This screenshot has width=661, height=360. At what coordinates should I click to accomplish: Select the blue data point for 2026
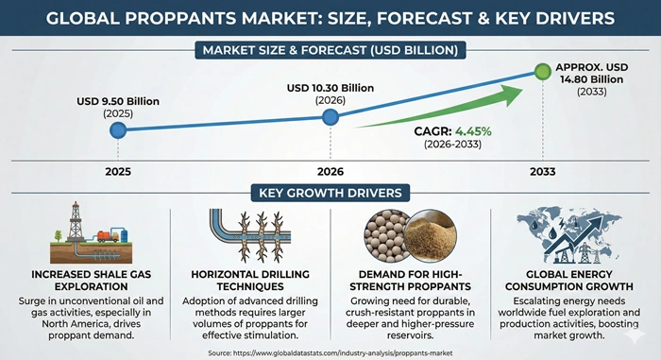tap(330, 117)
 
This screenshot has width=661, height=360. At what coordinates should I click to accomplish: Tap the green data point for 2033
tap(542, 71)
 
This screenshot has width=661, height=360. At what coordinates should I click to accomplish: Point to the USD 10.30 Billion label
tap(330, 88)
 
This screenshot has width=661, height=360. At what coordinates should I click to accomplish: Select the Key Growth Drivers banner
tap(330, 193)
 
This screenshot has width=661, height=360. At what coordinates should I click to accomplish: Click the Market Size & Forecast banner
tap(330, 49)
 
